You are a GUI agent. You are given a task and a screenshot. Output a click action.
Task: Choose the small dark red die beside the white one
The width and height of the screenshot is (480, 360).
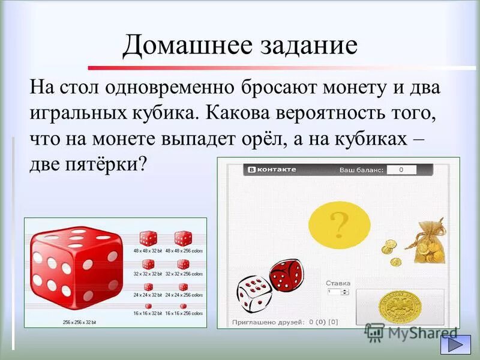tap(286, 275)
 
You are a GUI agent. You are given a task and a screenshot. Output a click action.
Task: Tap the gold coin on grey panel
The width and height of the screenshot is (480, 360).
tap(399, 307)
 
